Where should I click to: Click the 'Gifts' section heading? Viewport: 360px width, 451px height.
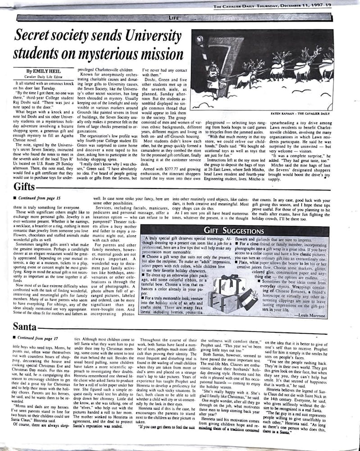pos(24,187)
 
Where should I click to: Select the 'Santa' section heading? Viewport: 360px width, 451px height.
pos(25,326)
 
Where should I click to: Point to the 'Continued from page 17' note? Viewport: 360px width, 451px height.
pos(37,337)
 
